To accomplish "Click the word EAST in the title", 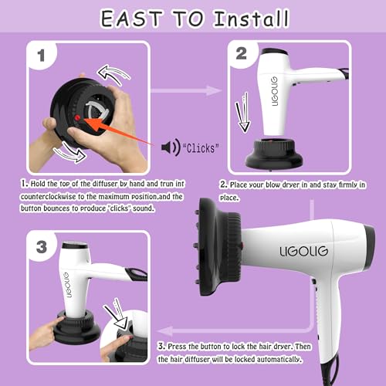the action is [x=131, y=19].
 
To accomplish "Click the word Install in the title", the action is [x=252, y=19].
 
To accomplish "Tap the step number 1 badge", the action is [x=41, y=56].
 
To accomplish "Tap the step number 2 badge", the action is [x=242, y=54].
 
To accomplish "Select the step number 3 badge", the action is [x=42, y=247].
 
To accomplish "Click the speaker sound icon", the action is [x=171, y=147].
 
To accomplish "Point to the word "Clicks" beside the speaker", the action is [x=201, y=148].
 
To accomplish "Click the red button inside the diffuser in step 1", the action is [x=77, y=118].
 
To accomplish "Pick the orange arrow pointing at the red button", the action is [x=117, y=131].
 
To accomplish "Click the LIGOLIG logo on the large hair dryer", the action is [x=303, y=252].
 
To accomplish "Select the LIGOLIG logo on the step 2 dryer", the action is [x=275, y=91].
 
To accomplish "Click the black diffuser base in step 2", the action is [x=273, y=154].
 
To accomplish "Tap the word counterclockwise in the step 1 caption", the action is [x=49, y=197].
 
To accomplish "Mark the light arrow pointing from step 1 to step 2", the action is [x=186, y=90].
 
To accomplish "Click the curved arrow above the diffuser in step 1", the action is [x=113, y=75].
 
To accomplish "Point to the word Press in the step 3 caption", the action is [x=177, y=347].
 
